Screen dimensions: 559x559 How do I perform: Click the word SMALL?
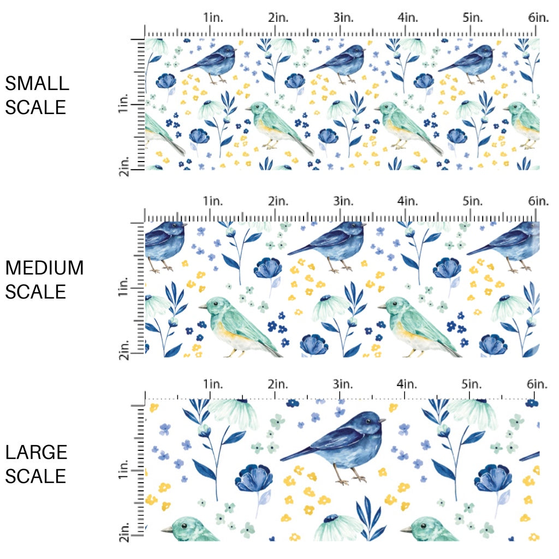[37, 84]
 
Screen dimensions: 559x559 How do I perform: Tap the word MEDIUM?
[44, 268]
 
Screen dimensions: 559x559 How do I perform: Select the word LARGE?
[37, 452]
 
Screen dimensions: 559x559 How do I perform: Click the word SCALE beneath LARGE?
[36, 476]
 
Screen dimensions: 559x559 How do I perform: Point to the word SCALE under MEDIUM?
[36, 292]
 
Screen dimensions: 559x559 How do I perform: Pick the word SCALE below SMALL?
[36, 107]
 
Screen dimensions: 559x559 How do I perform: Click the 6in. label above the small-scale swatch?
[538, 17]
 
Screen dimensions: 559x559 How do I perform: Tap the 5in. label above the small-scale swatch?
[473, 17]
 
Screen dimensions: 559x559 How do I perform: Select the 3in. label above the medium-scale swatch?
[344, 201]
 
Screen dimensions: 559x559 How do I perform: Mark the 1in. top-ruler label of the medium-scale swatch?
[214, 201]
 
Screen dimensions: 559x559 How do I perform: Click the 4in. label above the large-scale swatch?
[408, 385]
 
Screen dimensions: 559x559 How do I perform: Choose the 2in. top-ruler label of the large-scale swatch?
[278, 385]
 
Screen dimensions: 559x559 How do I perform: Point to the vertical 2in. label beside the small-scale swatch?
[123, 164]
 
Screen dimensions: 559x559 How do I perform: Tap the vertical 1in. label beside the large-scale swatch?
[123, 471]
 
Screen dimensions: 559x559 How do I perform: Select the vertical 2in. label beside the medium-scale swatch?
[123, 349]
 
